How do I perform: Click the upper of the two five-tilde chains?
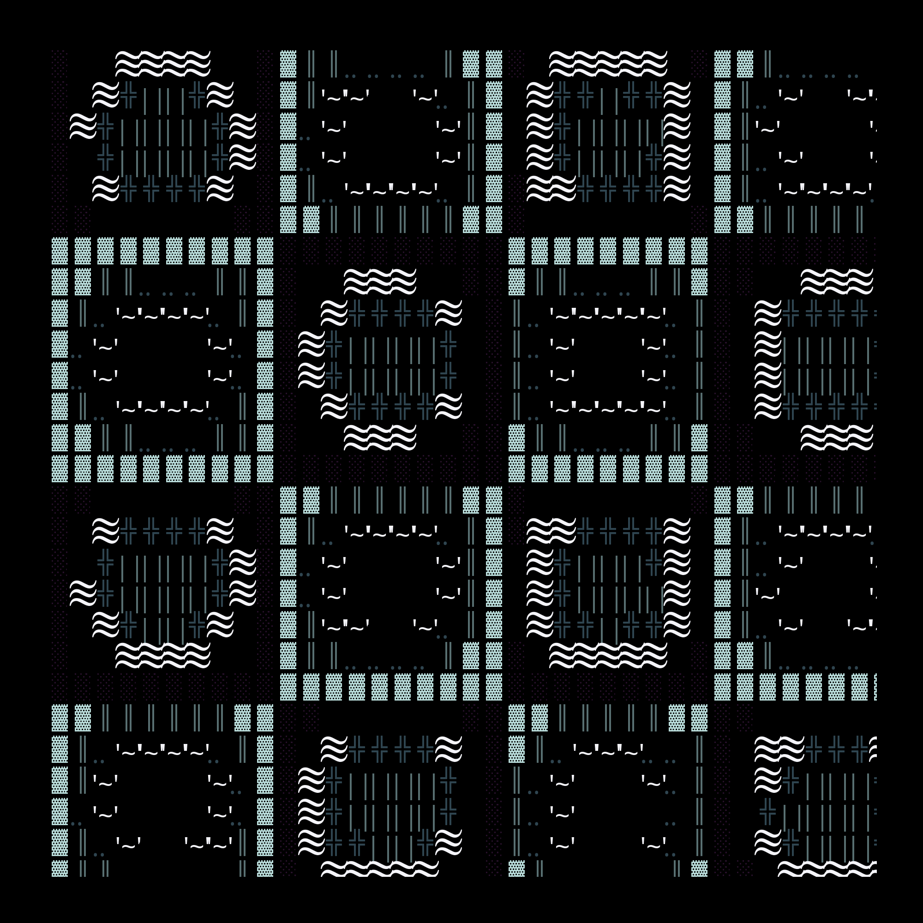pyautogui.click(x=608, y=313)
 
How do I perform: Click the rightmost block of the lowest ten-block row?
pyautogui.click(x=494, y=687)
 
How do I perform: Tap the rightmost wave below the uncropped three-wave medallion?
pyautogui.click(x=403, y=438)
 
